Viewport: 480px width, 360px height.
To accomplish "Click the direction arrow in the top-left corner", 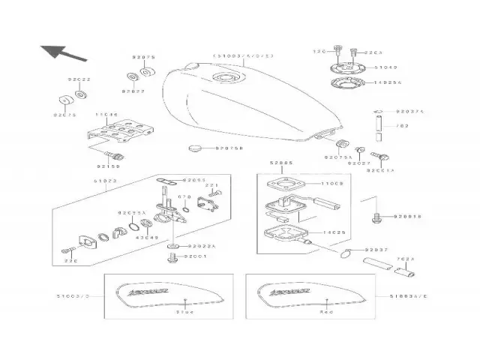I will pyautogui.click(x=60, y=52).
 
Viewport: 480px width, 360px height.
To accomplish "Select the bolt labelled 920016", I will pyautogui.click(x=376, y=217).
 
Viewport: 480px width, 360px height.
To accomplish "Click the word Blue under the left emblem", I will pyautogui.click(x=184, y=310).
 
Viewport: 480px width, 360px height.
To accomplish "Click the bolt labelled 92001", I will pyautogui.click(x=173, y=256).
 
